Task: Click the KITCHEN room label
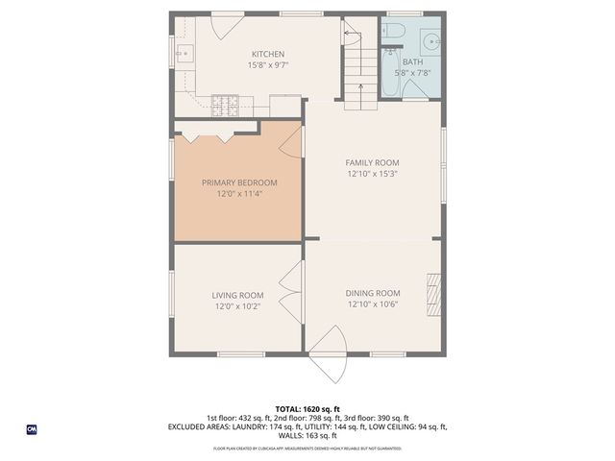coord(268,54)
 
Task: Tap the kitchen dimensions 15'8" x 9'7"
coord(268,65)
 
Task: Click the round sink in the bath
coord(431,42)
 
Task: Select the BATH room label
coord(411,61)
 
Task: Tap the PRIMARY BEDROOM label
coord(239,182)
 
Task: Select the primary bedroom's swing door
coord(291,142)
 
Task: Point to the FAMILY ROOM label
coord(373,162)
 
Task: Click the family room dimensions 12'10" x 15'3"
coord(373,174)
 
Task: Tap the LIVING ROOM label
coord(238,295)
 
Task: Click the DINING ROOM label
coord(373,293)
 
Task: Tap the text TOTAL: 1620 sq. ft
coord(307,408)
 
